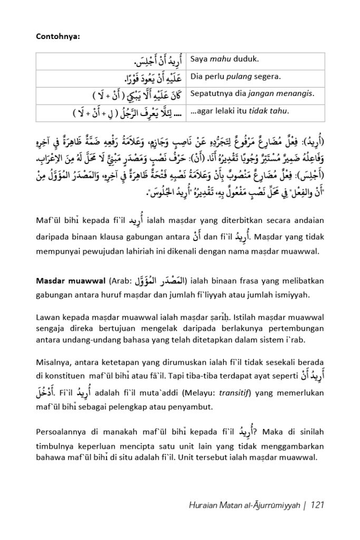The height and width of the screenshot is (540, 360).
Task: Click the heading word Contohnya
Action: pyautogui.click(x=56, y=36)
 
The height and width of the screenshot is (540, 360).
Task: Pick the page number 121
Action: pyautogui.click(x=317, y=505)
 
